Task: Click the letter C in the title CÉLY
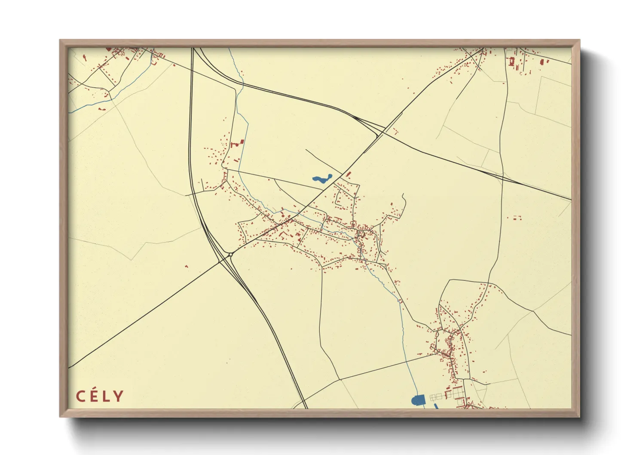pos(80,396)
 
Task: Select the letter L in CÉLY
pos(105,396)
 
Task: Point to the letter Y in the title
pos(118,396)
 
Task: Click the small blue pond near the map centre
pos(321,179)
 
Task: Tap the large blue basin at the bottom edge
pos(418,400)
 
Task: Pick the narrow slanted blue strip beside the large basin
pos(436,406)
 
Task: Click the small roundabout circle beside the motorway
pos(231,255)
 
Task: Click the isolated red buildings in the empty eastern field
pos(514,218)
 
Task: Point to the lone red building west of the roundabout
pos(187,267)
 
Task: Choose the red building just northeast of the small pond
pos(348,174)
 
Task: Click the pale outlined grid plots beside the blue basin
pos(436,397)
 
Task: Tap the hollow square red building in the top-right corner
pos(511,61)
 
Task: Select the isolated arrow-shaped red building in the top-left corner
pos(84,57)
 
